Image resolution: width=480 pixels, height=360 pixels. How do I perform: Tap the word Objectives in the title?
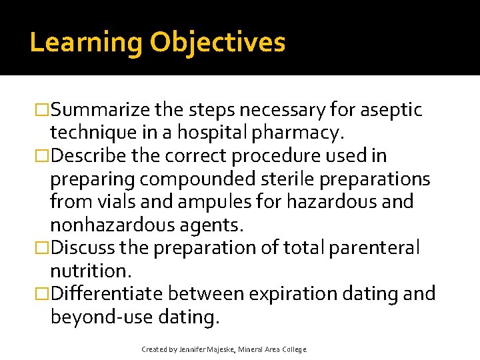coord(217,43)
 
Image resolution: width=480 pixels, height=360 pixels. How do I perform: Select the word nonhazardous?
coord(117,225)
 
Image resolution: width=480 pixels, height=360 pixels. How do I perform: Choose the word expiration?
coord(285,293)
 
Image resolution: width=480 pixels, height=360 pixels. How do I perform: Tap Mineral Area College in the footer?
coord(275,349)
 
